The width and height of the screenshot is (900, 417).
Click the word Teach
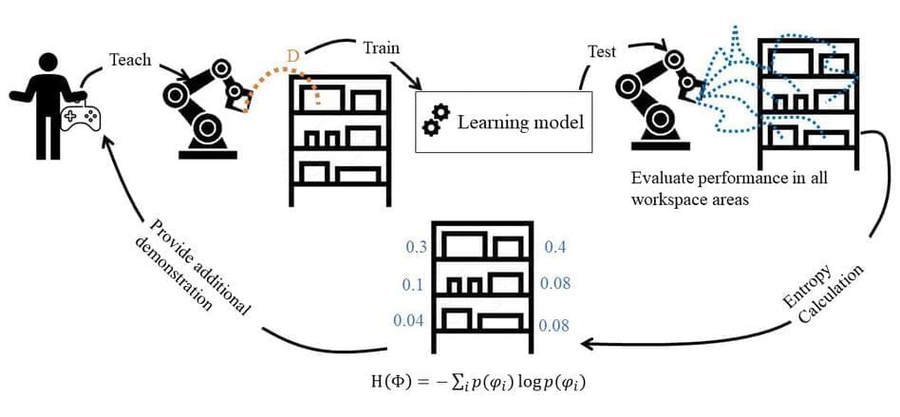click(129, 59)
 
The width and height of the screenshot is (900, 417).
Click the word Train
click(380, 47)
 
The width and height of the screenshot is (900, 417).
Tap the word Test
click(601, 52)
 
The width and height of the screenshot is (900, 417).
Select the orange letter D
click(292, 56)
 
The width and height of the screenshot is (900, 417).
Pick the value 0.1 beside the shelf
click(413, 284)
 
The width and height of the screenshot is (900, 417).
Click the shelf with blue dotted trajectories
click(799, 94)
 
